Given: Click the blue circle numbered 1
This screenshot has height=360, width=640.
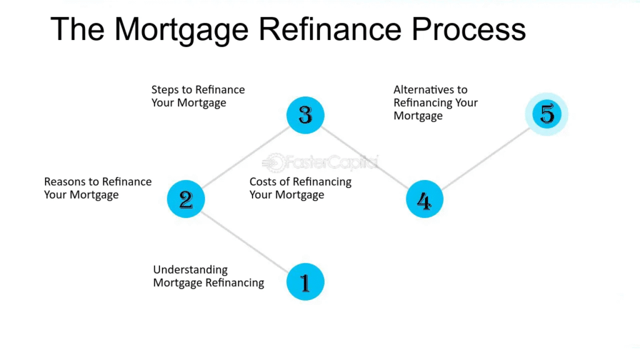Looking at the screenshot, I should click(305, 282).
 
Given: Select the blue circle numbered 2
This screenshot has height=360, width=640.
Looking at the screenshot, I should click(186, 199).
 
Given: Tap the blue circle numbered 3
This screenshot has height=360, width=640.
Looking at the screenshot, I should click(305, 115).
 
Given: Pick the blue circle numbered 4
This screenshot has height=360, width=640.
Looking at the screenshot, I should click(424, 199).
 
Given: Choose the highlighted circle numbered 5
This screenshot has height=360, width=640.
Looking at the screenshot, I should click(546, 114).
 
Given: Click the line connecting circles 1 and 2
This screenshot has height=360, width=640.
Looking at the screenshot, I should click(245, 240).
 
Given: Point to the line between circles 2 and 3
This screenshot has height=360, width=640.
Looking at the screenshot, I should click(245, 157).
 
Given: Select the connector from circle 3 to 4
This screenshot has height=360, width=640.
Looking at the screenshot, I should click(364, 157).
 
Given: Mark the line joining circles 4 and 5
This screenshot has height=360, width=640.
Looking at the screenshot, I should click(485, 157).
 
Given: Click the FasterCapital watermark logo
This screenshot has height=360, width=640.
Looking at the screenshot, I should click(321, 162).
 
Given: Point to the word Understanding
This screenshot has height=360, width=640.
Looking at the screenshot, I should click(191, 270).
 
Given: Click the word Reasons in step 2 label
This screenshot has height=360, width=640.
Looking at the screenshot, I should click(64, 182).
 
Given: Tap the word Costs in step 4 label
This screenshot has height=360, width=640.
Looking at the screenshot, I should click(263, 182).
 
